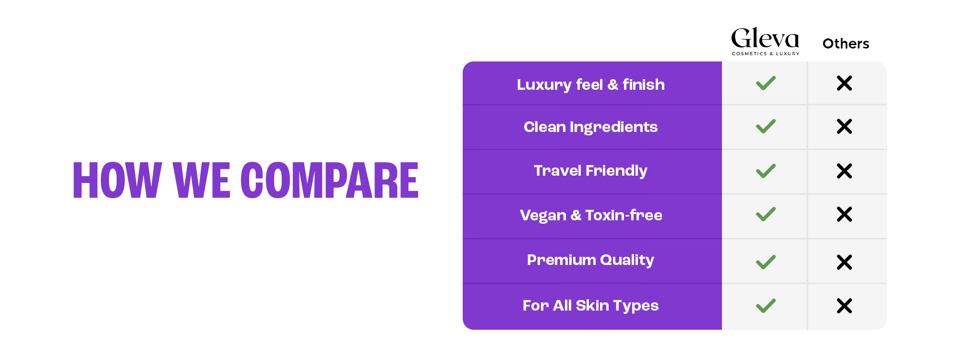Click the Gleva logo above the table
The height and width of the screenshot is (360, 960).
(x=765, y=41)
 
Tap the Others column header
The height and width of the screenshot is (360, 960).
(x=846, y=44)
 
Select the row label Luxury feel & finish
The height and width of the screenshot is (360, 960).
(x=591, y=84)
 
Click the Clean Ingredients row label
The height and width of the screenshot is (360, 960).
(x=591, y=127)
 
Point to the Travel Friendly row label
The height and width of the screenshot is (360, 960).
(x=591, y=171)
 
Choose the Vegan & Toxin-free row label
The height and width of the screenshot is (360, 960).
(x=591, y=215)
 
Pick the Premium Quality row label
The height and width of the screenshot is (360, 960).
(x=591, y=260)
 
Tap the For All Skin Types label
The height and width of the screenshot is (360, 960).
(x=591, y=305)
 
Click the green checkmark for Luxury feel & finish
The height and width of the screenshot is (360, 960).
(x=766, y=83)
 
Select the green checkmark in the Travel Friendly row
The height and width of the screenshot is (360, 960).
(x=766, y=171)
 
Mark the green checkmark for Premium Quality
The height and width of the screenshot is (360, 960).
(x=766, y=262)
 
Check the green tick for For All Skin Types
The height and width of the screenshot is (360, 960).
(x=766, y=306)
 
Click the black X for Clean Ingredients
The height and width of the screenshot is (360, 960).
(x=844, y=126)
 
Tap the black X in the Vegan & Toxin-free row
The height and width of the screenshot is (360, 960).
(x=844, y=214)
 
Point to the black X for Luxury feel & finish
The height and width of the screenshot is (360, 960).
(x=844, y=83)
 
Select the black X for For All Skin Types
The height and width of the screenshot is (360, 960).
(x=844, y=306)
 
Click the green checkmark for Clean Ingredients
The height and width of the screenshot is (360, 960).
(x=766, y=126)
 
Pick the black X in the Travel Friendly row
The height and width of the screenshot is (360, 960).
(x=844, y=171)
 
